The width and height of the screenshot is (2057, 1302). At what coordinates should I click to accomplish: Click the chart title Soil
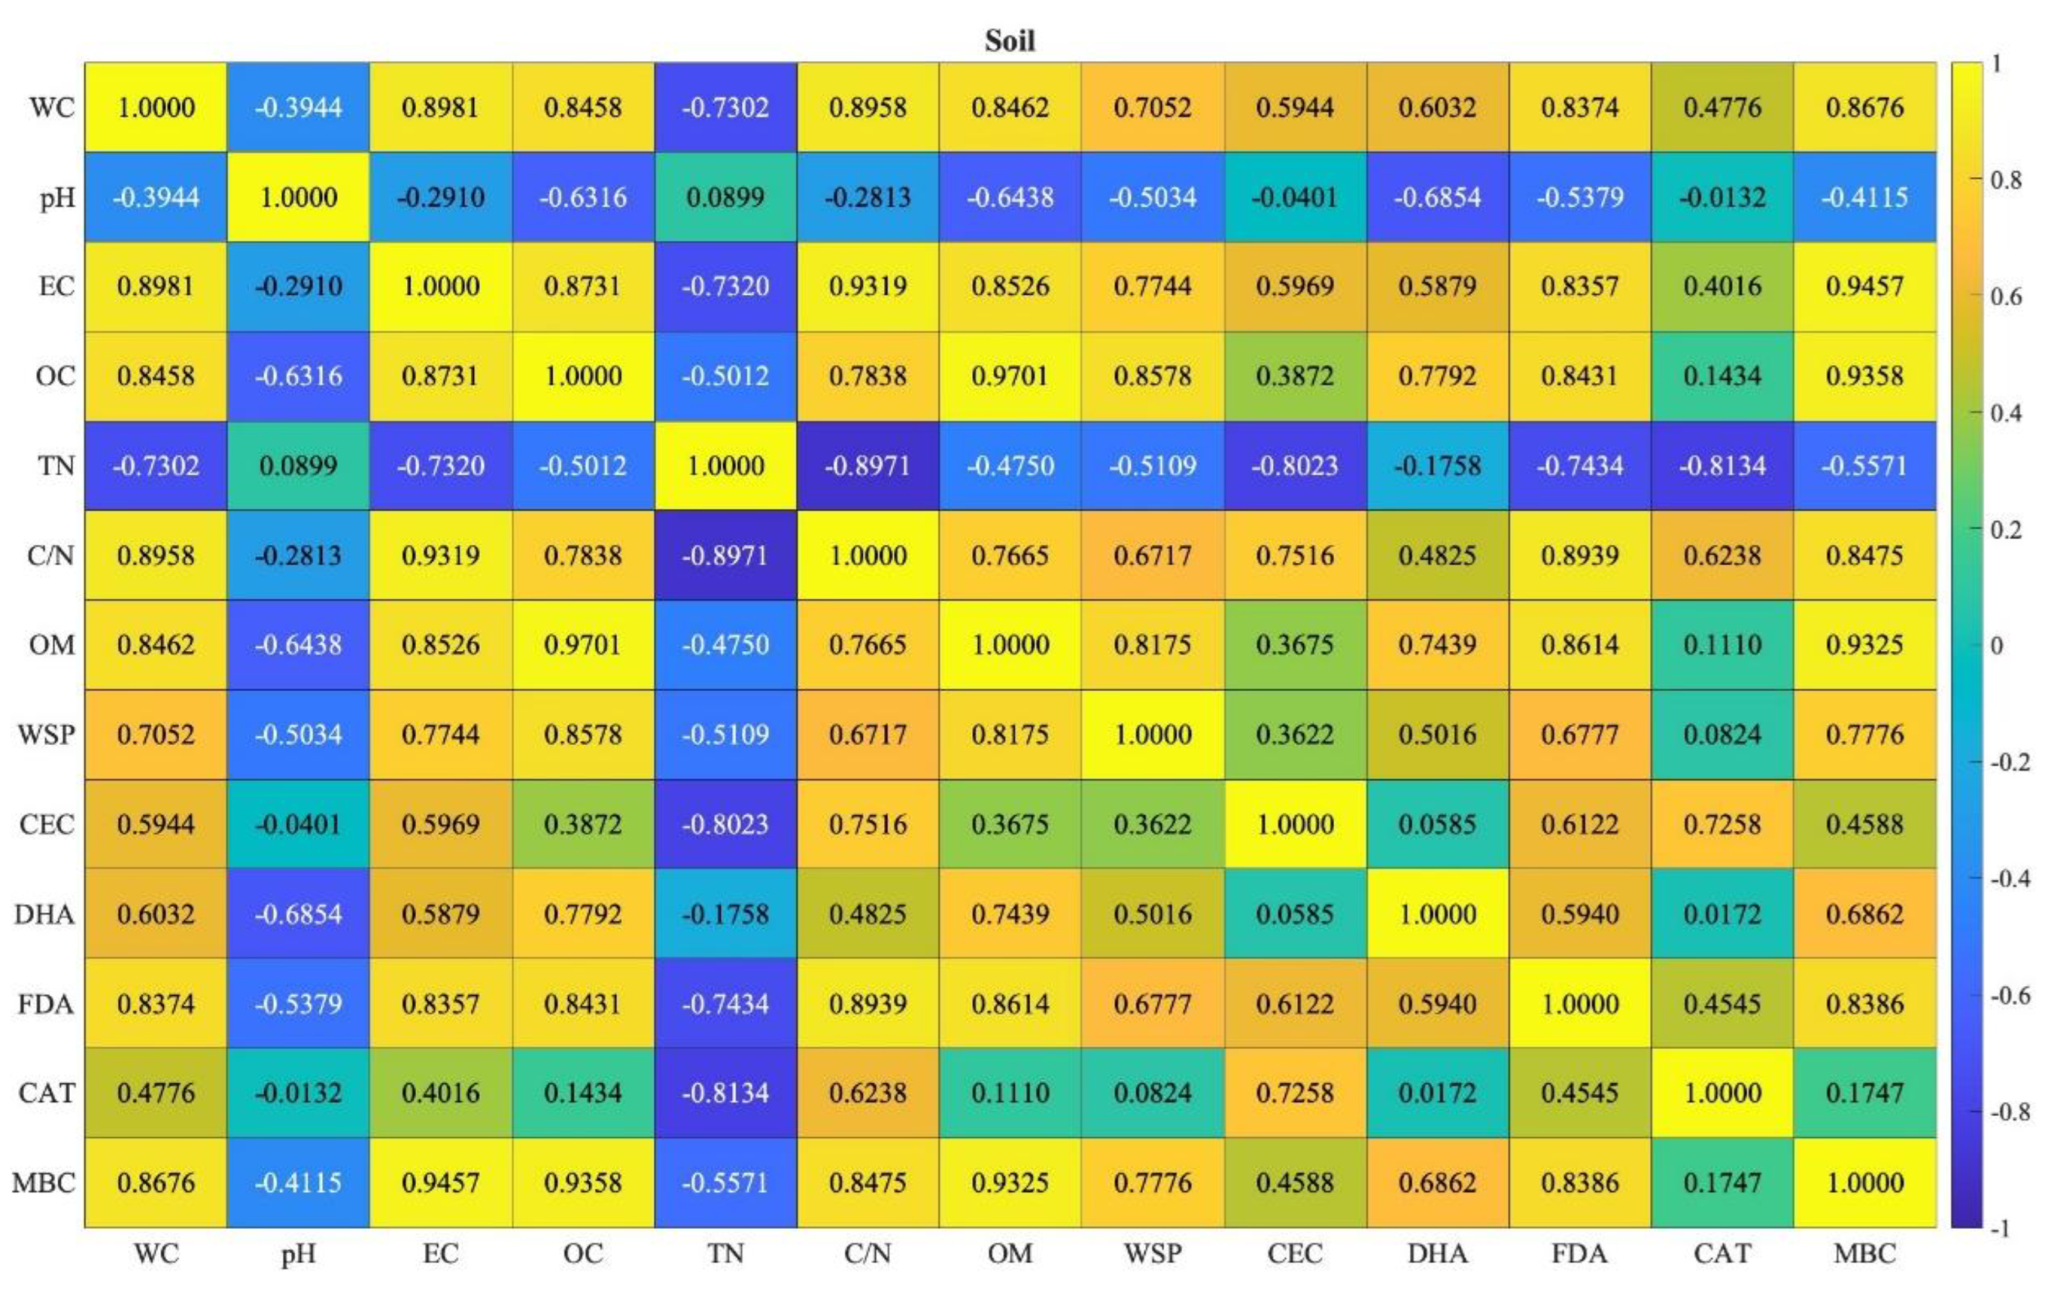(x=1010, y=40)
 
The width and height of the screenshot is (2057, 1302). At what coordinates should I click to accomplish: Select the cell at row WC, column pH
(x=298, y=108)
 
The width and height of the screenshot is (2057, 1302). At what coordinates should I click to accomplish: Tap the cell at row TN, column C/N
(x=868, y=466)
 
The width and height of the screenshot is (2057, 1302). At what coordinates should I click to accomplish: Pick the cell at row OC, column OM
(x=1010, y=376)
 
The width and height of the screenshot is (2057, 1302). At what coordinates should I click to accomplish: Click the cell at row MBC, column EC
(x=440, y=1183)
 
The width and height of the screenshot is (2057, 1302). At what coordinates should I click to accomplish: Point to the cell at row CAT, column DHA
(x=1437, y=1092)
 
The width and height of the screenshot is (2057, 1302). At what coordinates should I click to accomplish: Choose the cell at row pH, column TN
(x=725, y=198)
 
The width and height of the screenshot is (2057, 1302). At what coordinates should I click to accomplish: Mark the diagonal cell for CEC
(x=1295, y=824)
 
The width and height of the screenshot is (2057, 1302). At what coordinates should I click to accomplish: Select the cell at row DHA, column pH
(x=298, y=914)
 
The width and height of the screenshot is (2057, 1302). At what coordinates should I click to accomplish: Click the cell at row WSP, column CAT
(x=1722, y=735)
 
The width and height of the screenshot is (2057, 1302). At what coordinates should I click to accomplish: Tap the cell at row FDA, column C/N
(x=868, y=1003)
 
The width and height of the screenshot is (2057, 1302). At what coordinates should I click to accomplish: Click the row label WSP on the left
(x=46, y=735)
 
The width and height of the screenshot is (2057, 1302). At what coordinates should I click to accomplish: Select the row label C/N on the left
(x=50, y=555)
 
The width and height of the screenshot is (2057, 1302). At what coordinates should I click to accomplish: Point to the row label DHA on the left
(x=44, y=914)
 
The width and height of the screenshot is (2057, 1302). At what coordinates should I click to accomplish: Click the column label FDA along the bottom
(x=1579, y=1253)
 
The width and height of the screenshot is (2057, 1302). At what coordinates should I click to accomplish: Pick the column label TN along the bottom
(x=725, y=1253)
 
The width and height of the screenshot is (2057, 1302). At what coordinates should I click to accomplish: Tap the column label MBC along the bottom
(x=1865, y=1253)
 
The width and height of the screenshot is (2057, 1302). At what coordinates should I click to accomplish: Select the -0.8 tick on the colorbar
(x=2009, y=1112)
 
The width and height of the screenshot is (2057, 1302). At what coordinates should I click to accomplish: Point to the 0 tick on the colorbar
(x=1997, y=646)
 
